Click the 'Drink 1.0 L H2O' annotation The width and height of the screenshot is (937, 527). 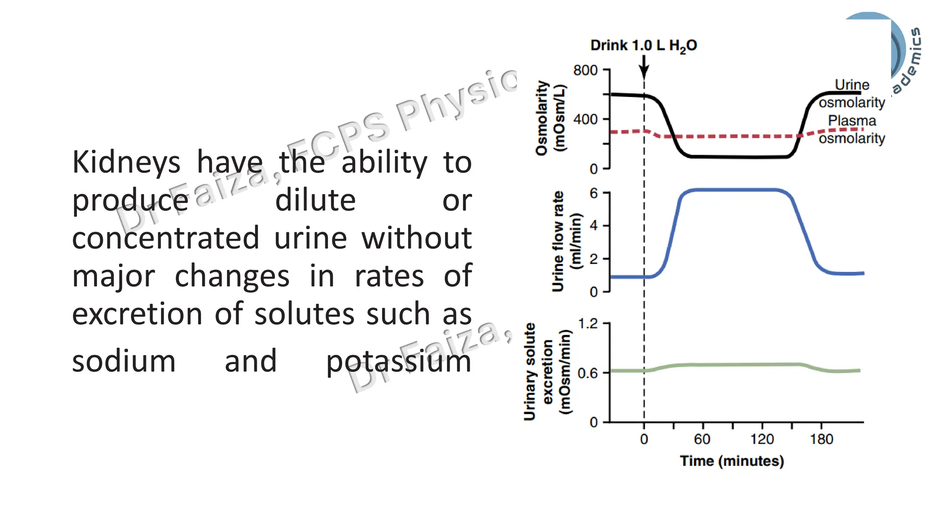[x=643, y=46]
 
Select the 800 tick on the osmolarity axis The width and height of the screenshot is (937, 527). [x=585, y=70]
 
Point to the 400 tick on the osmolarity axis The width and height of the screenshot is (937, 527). [x=585, y=119]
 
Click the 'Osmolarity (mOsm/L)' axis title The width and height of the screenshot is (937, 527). [x=550, y=118]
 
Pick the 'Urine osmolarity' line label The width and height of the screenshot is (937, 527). [x=851, y=94]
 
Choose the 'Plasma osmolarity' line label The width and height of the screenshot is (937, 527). [x=851, y=129]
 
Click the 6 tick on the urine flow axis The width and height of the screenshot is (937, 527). [x=593, y=194]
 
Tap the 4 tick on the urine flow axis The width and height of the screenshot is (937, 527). [x=593, y=226]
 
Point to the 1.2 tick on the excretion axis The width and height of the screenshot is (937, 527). [x=588, y=324]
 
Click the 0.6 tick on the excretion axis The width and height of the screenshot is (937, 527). [x=588, y=373]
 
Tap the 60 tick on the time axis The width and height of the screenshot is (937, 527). [x=702, y=440]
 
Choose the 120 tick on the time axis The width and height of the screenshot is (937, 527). [x=762, y=440]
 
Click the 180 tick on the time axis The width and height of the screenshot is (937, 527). [x=821, y=440]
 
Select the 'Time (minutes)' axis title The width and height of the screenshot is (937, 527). [x=732, y=461]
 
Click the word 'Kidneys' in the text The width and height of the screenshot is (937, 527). [x=126, y=162]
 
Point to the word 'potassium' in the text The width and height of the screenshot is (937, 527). [x=398, y=361]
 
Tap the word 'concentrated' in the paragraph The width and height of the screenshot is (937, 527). [x=166, y=238]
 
